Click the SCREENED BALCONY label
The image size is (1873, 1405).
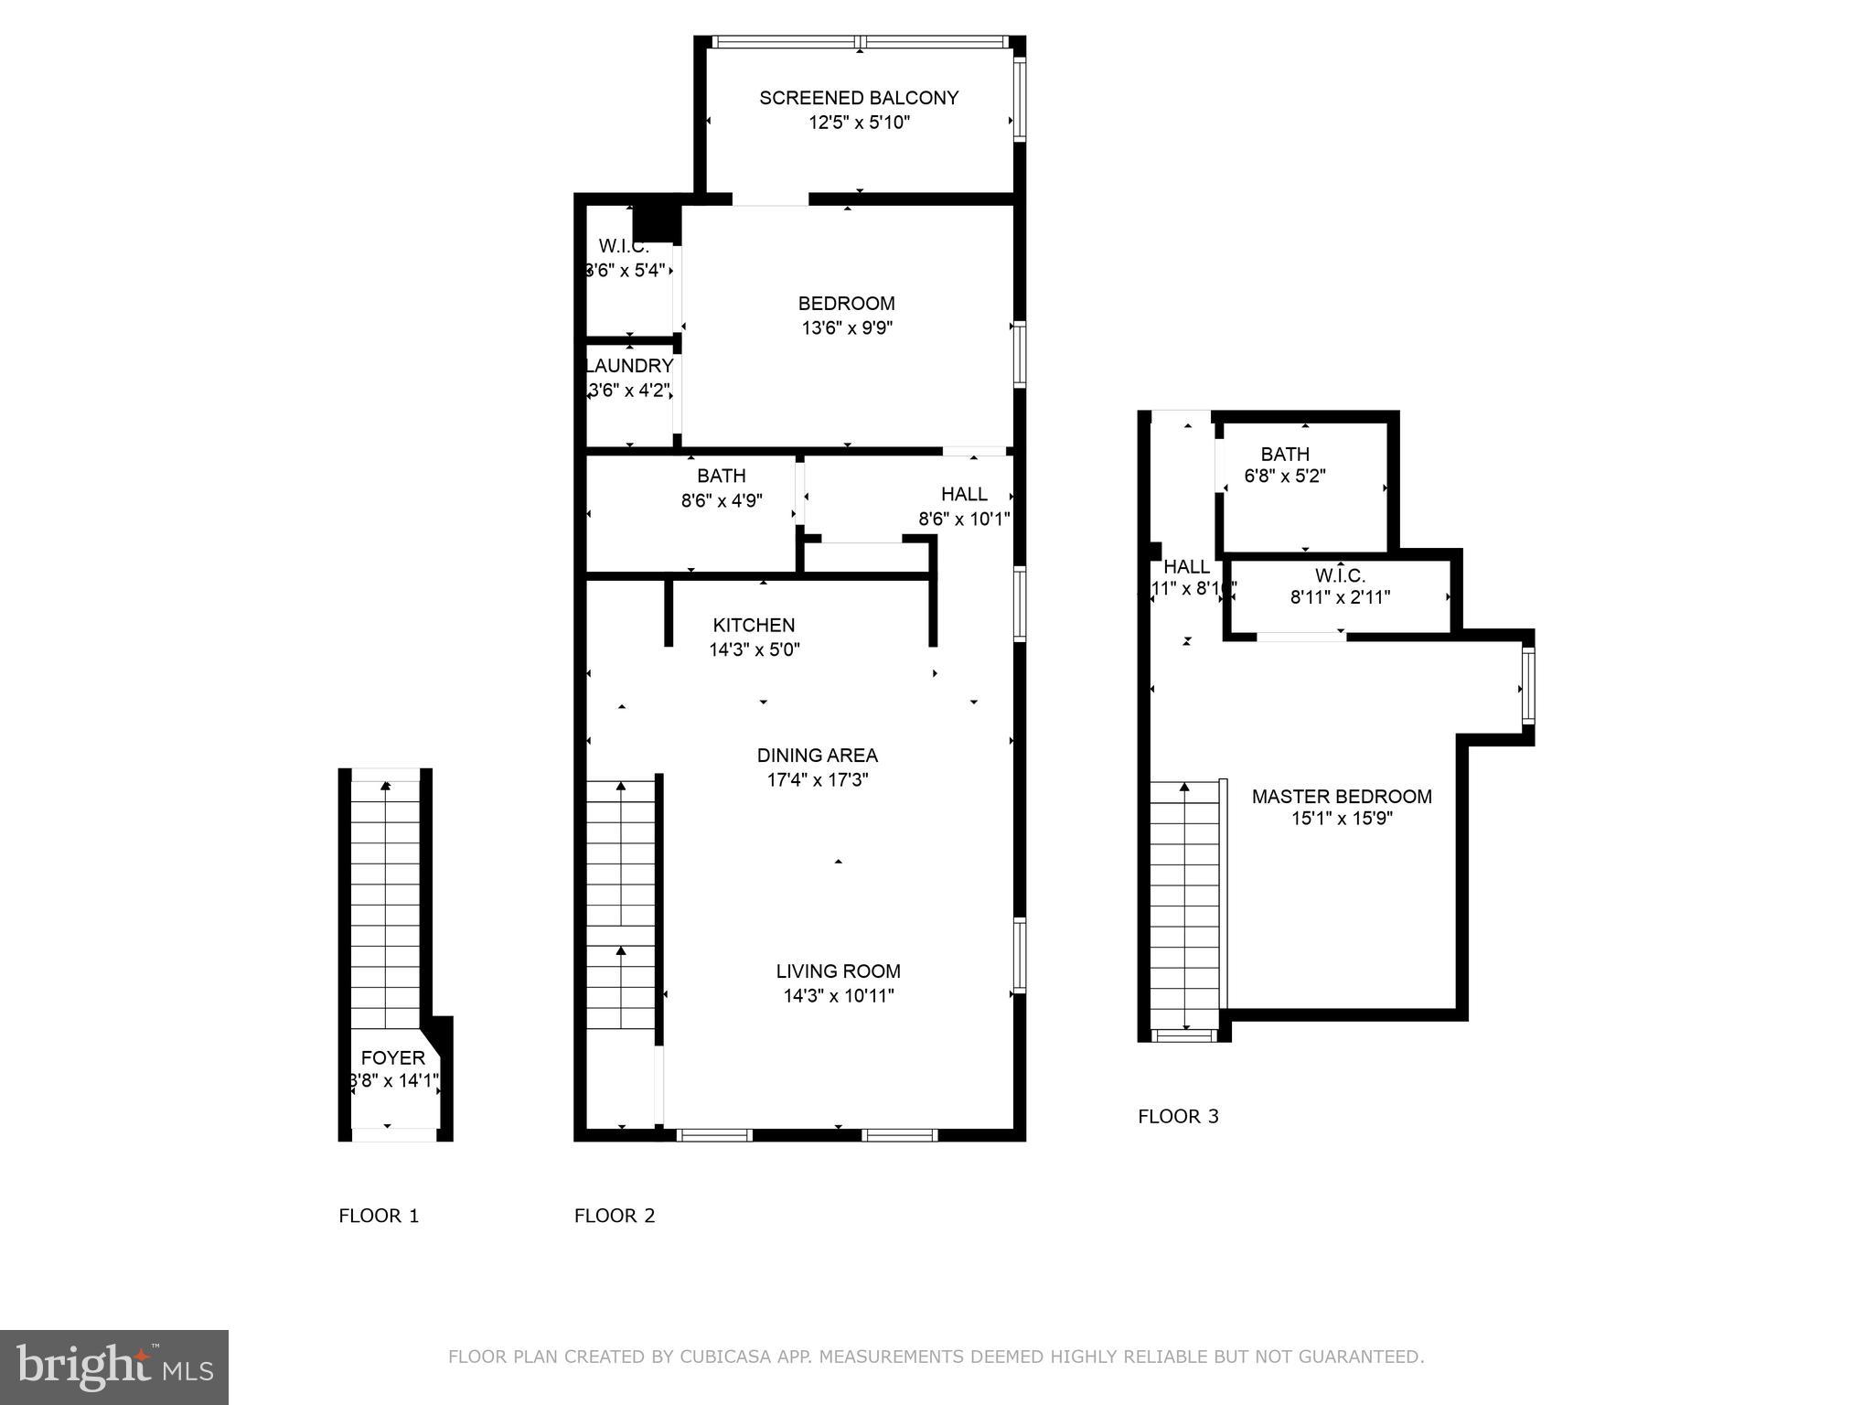tap(858, 98)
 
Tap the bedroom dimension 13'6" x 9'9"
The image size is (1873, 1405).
tap(846, 327)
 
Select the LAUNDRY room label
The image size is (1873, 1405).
tap(629, 366)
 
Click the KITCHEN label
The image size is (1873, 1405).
tap(754, 625)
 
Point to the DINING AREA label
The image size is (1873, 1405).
tap(817, 756)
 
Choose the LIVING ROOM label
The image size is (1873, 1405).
tap(838, 971)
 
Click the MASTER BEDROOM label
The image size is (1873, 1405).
tap(1341, 797)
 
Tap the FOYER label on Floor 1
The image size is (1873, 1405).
tap(392, 1058)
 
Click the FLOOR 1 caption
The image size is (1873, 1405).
tap(379, 1216)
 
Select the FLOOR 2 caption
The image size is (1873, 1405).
tap(615, 1216)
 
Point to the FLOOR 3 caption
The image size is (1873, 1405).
tap(1178, 1116)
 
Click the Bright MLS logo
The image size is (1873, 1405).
tap(113, 1367)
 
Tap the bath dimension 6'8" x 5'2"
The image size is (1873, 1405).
tap(1284, 476)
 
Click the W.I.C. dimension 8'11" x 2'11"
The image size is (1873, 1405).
tap(1339, 597)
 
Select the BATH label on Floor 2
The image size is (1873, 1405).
tap(721, 476)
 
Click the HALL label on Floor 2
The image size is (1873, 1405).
tap(964, 494)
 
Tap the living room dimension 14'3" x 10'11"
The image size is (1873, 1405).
tap(838, 995)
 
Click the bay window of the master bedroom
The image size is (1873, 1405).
tap(1527, 686)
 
